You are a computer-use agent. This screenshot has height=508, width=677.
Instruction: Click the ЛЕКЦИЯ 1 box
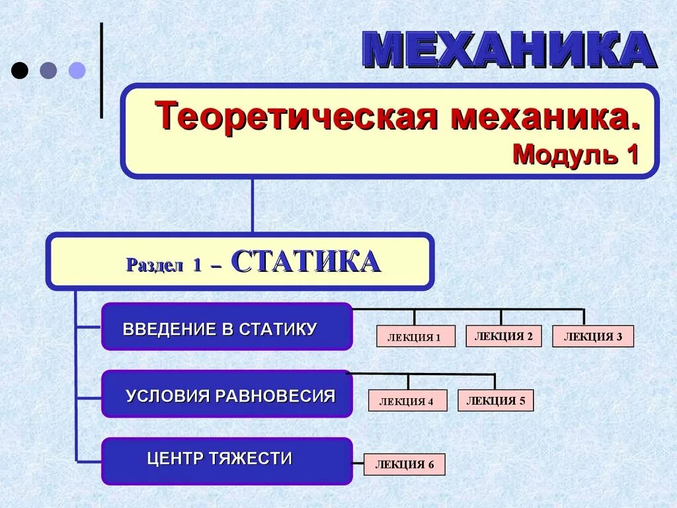tap(416, 337)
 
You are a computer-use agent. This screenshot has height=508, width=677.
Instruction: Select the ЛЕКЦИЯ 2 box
tap(504, 336)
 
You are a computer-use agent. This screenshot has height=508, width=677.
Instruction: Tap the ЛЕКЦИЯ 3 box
tap(593, 337)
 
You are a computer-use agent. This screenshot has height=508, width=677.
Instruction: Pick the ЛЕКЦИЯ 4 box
tap(407, 401)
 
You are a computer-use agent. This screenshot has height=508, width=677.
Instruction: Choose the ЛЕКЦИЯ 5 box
tap(496, 400)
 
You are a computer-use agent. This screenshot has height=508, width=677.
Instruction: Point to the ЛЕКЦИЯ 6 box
tap(405, 464)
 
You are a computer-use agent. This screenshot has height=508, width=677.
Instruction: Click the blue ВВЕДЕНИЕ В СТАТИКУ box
tap(227, 327)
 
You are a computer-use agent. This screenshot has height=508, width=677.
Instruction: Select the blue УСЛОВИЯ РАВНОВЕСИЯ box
tap(227, 394)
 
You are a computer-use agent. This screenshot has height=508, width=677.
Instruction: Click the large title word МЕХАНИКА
tap(508, 50)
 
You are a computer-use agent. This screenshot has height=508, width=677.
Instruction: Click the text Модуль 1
tap(576, 154)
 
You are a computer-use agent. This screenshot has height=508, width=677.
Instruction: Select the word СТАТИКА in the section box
tap(305, 262)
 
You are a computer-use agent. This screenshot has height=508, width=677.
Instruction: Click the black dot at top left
tap(20, 70)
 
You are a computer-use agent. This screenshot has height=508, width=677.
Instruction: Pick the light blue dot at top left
tap(77, 70)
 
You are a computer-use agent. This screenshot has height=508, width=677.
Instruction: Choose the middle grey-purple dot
tap(48, 70)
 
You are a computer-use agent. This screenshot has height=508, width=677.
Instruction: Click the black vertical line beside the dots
tap(101, 70)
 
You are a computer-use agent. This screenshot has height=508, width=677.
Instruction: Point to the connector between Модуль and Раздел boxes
tap(253, 205)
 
